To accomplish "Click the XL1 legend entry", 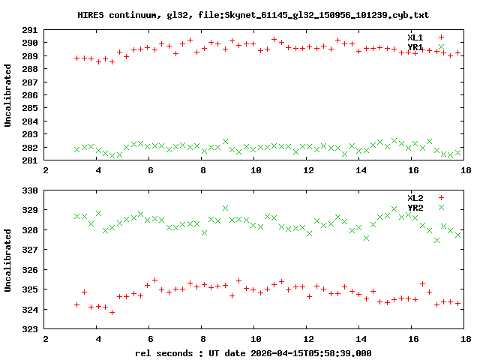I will point(415,37).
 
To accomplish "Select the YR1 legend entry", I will point(415,47).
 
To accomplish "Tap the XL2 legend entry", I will point(415,197).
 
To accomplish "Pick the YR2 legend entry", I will point(415,207).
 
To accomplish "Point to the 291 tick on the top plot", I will point(29,30).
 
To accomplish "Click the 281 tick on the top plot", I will point(29,160).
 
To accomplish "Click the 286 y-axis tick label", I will point(29,95).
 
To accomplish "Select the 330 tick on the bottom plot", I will point(29,190).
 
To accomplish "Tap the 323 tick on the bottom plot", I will point(29,328).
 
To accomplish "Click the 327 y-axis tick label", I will point(29,250).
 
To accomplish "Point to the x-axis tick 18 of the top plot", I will point(466,170).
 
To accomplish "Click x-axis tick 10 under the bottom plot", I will point(256,338).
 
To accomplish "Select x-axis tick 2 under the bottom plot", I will point(46,338).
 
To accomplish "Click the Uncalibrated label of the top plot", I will point(8,95).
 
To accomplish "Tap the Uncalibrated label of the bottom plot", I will point(8,259).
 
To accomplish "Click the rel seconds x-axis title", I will point(253,352).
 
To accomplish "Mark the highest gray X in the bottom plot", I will point(225,208).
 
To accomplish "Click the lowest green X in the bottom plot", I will point(436,240).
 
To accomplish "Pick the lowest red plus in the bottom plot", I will point(112,312).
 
